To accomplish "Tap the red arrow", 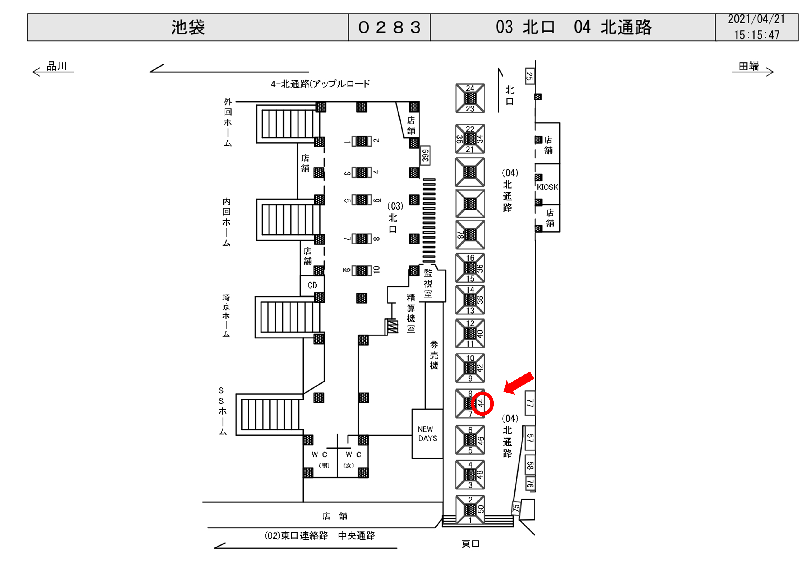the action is coord(519,383).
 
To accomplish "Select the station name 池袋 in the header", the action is coord(188,27).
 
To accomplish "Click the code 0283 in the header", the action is coord(389,27).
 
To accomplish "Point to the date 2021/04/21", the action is coord(756,19).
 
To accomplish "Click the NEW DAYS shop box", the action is coord(427,434).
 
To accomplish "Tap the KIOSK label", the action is coord(548,187).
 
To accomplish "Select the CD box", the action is coord(312,285).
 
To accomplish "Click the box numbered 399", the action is coord(425,155).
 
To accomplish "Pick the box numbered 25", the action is coord(530,76).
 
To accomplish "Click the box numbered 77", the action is coord(530,403).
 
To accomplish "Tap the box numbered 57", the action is coord(530,438).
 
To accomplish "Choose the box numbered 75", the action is coord(516,508).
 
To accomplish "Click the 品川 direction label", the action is coord(56,66).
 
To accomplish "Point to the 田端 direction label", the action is coord(749,66).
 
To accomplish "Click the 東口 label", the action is coord(470,544).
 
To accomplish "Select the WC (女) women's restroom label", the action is coord(353,459).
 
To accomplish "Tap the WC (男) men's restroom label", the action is coord(319,459).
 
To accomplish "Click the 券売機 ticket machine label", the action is coord(434,355).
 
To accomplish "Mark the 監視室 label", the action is coord(428,283).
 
